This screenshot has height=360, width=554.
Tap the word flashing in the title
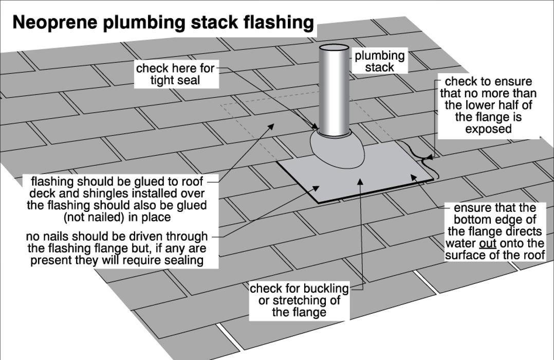(x=278, y=23)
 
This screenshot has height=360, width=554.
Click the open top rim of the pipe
(x=334, y=48)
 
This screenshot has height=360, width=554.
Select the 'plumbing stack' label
(x=380, y=61)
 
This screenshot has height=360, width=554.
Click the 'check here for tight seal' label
(x=175, y=74)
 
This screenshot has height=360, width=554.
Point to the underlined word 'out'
(x=487, y=243)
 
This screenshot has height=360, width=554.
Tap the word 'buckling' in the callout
(x=325, y=289)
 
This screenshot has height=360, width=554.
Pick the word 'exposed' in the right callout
(x=488, y=129)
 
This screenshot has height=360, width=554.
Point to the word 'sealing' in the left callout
(x=183, y=260)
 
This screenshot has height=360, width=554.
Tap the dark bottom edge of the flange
(x=360, y=194)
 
